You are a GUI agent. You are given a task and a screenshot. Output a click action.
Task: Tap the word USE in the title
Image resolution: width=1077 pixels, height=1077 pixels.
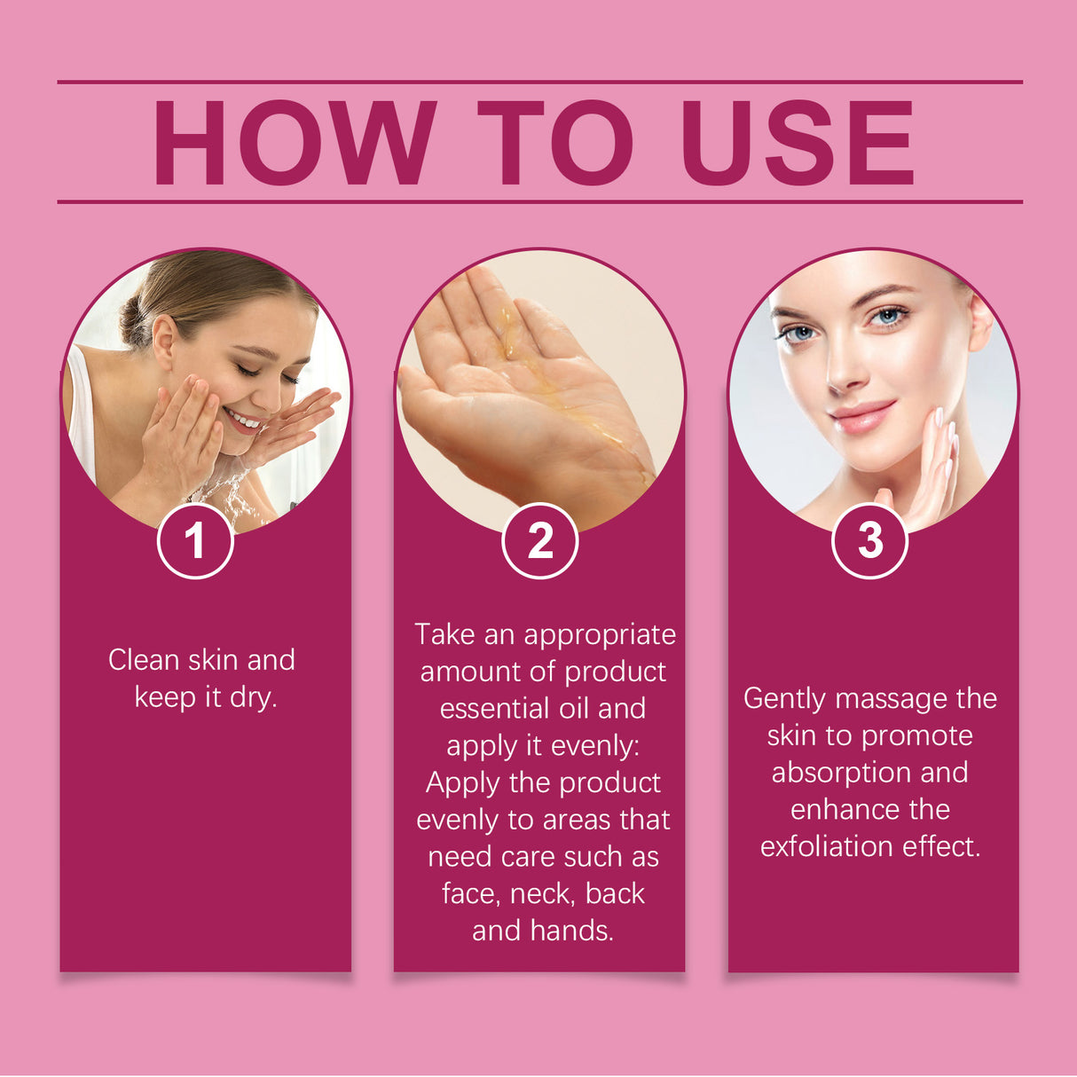click(x=797, y=142)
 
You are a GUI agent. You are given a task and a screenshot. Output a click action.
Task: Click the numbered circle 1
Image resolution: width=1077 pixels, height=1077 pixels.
click(x=195, y=540)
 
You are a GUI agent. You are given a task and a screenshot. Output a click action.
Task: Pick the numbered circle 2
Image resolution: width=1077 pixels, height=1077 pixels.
click(x=539, y=540)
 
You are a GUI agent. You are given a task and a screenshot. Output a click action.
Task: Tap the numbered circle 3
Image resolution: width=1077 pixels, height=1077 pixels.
click(x=869, y=540)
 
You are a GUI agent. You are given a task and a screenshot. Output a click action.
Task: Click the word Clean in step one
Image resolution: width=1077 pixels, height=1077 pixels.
click(x=142, y=660)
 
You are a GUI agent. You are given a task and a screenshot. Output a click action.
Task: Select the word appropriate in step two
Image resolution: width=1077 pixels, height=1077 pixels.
click(x=600, y=634)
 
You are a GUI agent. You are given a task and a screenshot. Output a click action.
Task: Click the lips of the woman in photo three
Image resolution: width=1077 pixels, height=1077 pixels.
click(x=861, y=415)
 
